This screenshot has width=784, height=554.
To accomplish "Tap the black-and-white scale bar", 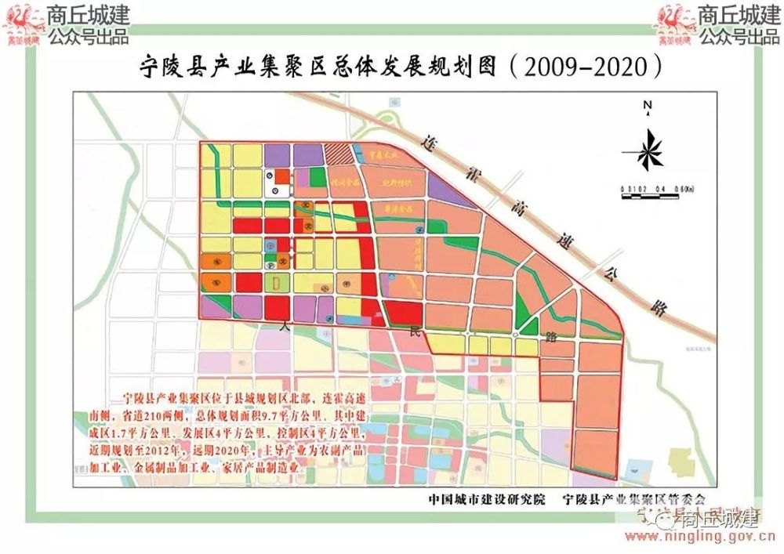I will click(652, 194).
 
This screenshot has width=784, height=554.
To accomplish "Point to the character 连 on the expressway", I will click(428, 143).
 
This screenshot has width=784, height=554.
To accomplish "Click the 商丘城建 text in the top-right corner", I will click(727, 14).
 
